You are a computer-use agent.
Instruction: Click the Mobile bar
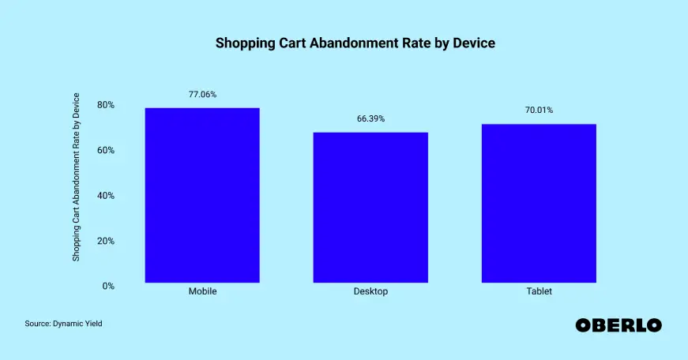point(202,195)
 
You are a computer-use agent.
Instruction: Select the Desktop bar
point(370,207)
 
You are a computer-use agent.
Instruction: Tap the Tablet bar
point(539,203)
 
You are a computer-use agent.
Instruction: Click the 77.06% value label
point(202,95)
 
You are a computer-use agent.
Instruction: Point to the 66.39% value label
point(370,118)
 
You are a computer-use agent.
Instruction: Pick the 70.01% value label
point(539,111)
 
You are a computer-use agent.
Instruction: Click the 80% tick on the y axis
point(106,105)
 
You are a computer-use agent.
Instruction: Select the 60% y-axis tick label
point(106,150)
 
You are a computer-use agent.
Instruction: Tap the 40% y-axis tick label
point(106,196)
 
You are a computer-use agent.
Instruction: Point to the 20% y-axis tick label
point(106,241)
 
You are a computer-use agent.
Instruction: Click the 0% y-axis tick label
point(108,286)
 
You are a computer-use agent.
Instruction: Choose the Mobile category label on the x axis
point(202,292)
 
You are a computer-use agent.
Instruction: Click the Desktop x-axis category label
point(370,292)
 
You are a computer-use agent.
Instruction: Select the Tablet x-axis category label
point(539,292)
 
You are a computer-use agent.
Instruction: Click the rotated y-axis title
point(77,178)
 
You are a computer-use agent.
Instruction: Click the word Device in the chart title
point(473,43)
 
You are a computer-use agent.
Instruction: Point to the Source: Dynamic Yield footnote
point(64,324)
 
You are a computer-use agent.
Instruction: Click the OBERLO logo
point(618,324)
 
